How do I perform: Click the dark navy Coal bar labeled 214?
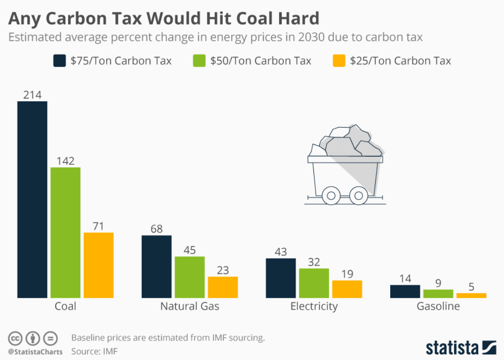click(x=32, y=199)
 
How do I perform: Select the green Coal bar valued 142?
click(x=65, y=232)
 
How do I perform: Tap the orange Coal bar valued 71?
click(x=98, y=265)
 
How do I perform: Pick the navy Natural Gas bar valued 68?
click(x=157, y=266)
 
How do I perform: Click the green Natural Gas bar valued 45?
click(x=190, y=277)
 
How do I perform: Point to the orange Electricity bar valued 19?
click(x=347, y=289)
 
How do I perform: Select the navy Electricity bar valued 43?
click(x=281, y=278)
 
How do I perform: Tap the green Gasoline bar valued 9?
click(x=438, y=293)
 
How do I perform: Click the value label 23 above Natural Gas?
click(x=223, y=270)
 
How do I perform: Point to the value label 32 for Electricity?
click(x=314, y=262)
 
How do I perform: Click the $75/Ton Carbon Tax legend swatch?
click(x=59, y=60)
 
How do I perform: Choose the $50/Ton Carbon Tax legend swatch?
click(x=199, y=60)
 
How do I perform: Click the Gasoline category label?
click(x=438, y=306)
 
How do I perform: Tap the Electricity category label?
click(x=314, y=306)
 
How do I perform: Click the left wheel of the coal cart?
click(x=331, y=196)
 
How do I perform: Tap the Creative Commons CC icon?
click(x=15, y=338)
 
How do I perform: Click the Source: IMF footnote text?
click(x=94, y=351)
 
